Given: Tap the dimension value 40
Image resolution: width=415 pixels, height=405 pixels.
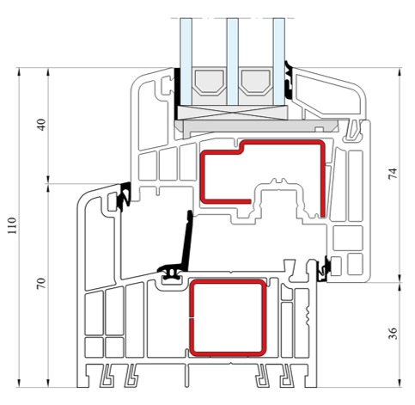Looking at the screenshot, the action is (x=42, y=125).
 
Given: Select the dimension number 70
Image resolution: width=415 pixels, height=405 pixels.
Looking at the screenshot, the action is (x=41, y=284).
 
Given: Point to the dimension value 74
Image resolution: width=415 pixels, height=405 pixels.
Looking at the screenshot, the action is (x=393, y=174).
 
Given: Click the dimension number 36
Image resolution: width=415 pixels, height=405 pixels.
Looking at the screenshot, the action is (x=393, y=334).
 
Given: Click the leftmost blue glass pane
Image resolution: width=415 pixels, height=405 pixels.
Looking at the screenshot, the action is (x=186, y=62).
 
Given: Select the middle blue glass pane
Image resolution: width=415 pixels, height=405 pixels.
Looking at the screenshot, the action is (x=232, y=62).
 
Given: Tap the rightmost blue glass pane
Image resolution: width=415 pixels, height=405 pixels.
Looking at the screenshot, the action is (x=278, y=62).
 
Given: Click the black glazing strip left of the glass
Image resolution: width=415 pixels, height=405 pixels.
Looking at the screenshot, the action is (x=177, y=94).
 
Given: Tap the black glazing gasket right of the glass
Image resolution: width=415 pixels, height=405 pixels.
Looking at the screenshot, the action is (x=289, y=80).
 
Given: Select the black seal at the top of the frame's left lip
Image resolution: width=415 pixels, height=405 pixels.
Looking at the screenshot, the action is (x=125, y=197).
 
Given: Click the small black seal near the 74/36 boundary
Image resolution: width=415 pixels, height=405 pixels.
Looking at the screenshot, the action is (x=325, y=269).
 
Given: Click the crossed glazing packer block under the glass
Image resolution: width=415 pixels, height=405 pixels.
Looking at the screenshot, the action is (x=232, y=113).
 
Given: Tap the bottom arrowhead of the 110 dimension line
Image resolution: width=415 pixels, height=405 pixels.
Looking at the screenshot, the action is (x=19, y=384).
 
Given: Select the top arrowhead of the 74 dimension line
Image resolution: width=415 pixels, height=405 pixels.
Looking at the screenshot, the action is (x=400, y=71).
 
